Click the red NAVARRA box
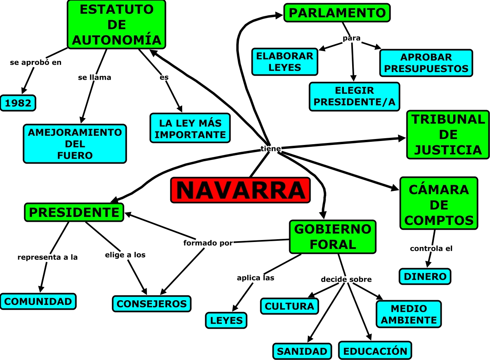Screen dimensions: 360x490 (240, 190)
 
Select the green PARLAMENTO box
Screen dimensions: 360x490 (337, 13)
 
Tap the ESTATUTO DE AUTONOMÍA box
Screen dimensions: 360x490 (116, 25)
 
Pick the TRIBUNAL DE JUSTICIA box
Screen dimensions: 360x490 (448, 135)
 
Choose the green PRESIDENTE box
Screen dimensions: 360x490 (74, 212)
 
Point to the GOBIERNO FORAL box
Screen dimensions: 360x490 (333, 237)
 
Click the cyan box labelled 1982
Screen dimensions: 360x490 (18, 103)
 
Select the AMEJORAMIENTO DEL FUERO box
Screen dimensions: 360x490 (75, 144)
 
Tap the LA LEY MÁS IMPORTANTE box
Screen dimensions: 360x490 (190, 128)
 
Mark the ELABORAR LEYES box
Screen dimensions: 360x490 (284, 62)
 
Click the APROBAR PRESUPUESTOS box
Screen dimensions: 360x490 (426, 63)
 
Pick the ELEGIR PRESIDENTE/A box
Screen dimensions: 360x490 (354, 97)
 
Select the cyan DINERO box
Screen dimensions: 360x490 (425, 276)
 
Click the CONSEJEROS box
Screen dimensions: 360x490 (152, 304)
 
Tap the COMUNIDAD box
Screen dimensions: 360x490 (38, 301)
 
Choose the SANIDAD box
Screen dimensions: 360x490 (302, 351)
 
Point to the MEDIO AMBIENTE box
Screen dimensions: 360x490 (409, 314)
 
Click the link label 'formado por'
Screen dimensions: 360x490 (208, 243)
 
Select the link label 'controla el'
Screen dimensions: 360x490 (431, 249)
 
